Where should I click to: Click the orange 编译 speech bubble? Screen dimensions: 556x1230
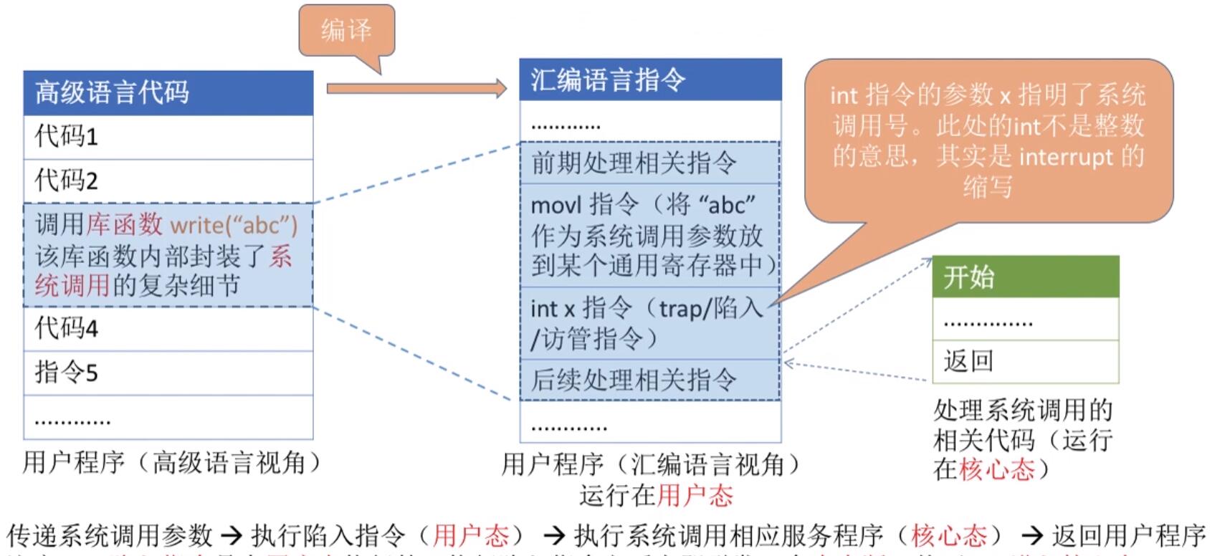pos(346,30)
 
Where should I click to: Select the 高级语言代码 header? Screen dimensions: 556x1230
pos(168,92)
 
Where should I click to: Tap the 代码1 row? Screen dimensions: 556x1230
pos(168,136)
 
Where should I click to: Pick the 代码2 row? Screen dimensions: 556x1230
pos(168,181)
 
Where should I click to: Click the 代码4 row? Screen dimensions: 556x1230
pos(168,329)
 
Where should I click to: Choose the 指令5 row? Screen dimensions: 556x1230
pos(168,373)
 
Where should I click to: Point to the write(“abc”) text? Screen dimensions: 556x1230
pos(234,225)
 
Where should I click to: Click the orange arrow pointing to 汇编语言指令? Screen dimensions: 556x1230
pos(416,89)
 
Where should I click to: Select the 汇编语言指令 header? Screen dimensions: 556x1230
pos(649,80)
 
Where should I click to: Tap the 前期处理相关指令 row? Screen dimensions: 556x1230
pos(649,163)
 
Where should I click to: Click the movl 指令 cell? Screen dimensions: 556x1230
pos(649,235)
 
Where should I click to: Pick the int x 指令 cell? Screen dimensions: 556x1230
pos(649,323)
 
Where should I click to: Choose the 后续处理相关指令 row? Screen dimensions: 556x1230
pos(649,380)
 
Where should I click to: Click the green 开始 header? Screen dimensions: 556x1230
pos(1025,277)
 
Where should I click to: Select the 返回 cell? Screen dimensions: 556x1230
pos(1025,361)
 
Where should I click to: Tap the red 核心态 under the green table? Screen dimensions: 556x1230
pos(997,469)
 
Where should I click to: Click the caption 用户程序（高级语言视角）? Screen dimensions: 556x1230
pos(172,463)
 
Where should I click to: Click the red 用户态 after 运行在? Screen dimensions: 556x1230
pos(695,496)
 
